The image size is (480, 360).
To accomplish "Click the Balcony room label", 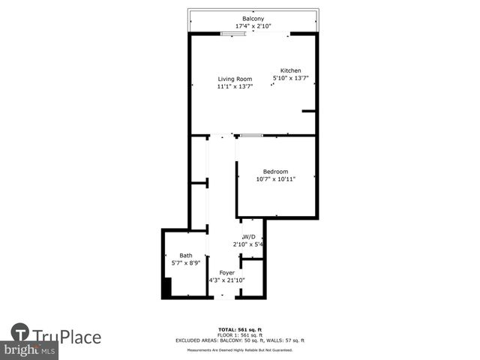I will [x=252, y=18].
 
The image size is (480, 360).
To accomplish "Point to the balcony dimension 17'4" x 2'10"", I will [x=252, y=26].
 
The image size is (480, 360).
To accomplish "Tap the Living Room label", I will [x=235, y=79].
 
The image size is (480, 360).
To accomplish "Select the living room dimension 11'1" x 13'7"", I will [x=235, y=87].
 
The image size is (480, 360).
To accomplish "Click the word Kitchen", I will [x=291, y=70].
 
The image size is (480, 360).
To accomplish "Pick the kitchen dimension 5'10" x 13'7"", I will [x=291, y=78].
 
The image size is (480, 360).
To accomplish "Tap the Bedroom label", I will [x=275, y=171].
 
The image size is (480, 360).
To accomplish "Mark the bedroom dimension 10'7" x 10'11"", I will [x=275, y=179].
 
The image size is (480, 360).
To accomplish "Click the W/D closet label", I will [x=250, y=236].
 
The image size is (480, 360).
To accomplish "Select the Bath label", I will [x=185, y=255].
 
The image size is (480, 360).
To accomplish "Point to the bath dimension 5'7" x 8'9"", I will [x=185, y=263].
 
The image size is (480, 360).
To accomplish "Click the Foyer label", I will [x=226, y=272].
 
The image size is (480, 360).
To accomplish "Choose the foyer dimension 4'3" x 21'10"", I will [x=226, y=280].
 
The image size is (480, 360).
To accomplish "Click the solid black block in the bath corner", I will [x=167, y=288].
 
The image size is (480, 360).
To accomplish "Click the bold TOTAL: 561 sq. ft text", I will [x=240, y=329].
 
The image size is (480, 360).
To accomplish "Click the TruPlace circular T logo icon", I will [x=20, y=332].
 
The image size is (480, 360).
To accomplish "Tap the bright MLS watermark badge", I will [x=30, y=350].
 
